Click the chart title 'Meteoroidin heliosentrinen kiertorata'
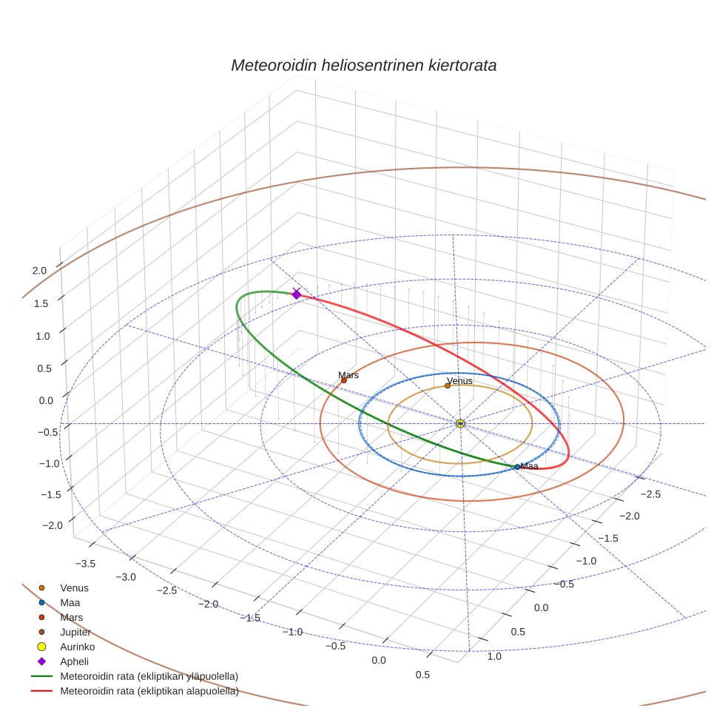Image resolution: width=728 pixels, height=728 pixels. pyautogui.click(x=363, y=65)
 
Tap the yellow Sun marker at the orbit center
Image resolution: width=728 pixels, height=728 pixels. pyautogui.click(x=460, y=423)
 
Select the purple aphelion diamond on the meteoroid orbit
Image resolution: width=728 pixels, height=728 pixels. pyautogui.click(x=297, y=294)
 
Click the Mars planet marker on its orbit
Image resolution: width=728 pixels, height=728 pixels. pyautogui.click(x=343, y=380)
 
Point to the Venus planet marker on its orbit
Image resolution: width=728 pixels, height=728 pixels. pyautogui.click(x=448, y=385)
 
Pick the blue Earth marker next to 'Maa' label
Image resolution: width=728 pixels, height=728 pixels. pyautogui.click(x=517, y=467)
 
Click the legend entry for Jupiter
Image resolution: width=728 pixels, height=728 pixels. pyautogui.click(x=75, y=632)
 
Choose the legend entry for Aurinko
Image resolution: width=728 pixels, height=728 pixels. pyautogui.click(x=77, y=647)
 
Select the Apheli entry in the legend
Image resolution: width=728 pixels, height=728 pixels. pyautogui.click(x=74, y=661)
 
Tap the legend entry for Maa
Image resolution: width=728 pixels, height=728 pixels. pyautogui.click(x=70, y=602)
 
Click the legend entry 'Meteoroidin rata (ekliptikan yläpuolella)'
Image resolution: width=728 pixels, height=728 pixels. pyautogui.click(x=149, y=676)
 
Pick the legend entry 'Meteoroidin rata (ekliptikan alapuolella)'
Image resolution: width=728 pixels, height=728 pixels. pyautogui.click(x=149, y=691)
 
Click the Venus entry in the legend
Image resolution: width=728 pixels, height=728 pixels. pyautogui.click(x=74, y=587)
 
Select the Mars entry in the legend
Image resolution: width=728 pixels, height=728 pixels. pyautogui.click(x=71, y=617)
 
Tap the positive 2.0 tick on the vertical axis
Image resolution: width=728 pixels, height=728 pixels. pyautogui.click(x=39, y=271)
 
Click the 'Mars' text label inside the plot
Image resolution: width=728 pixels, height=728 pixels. pyautogui.click(x=348, y=375)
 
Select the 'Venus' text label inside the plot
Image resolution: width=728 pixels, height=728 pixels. pyautogui.click(x=459, y=381)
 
